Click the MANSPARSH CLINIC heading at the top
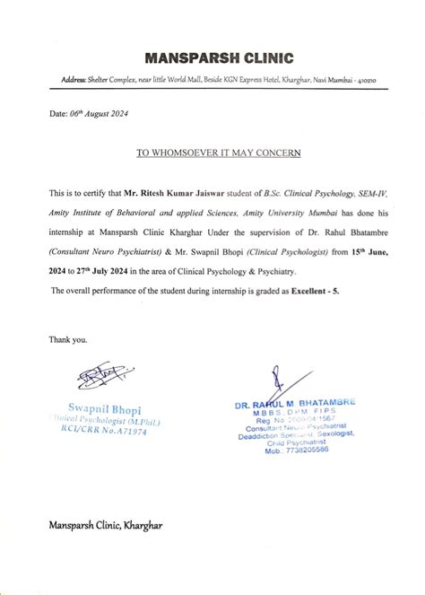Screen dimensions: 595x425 pyautogui.click(x=219, y=59)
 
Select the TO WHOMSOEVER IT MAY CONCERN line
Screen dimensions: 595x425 pyautogui.click(x=218, y=153)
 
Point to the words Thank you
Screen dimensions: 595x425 pyautogui.click(x=68, y=339)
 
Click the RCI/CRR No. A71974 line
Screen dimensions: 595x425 pyautogui.click(x=106, y=432)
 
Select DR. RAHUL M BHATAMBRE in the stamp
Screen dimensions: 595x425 pyautogui.click(x=295, y=404)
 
